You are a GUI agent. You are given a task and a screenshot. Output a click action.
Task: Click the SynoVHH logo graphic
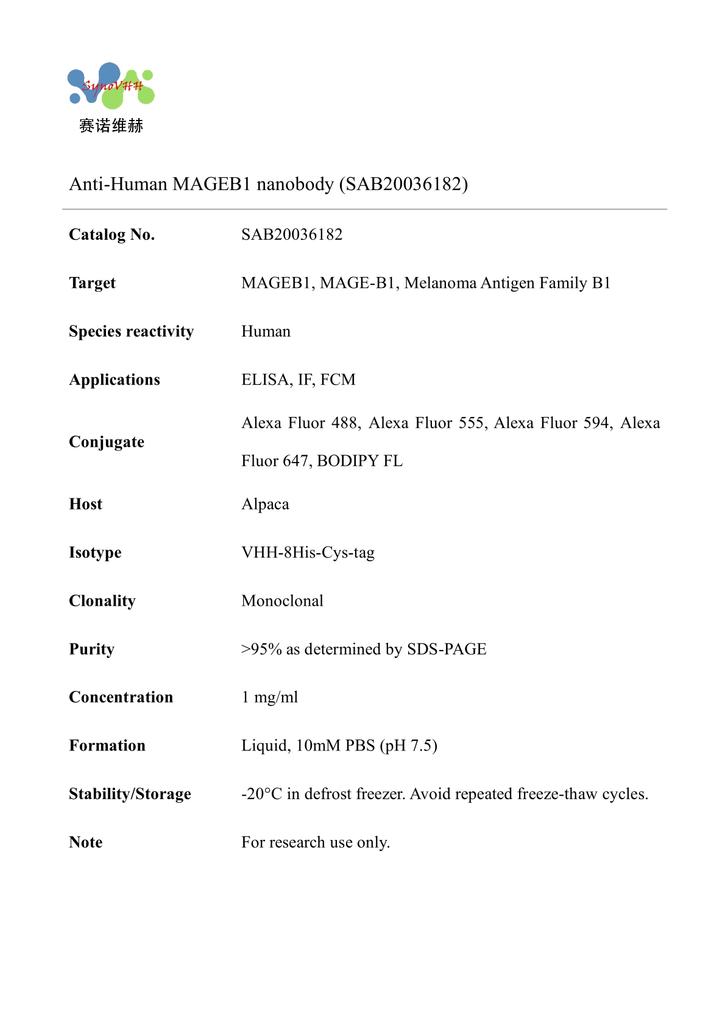tap(111, 86)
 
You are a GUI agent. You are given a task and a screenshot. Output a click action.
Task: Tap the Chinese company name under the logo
tap(111, 126)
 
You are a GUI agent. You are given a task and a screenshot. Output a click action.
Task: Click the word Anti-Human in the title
tap(118, 184)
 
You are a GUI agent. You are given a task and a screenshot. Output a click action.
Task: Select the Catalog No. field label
tap(112, 235)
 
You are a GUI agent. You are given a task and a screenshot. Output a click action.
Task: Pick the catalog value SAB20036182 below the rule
tap(292, 235)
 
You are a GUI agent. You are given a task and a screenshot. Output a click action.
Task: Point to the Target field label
tap(92, 283)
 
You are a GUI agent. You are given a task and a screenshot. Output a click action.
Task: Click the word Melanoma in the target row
tap(440, 283)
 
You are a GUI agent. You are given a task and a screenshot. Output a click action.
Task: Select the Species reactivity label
tap(131, 332)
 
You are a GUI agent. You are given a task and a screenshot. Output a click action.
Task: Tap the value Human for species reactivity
tap(266, 332)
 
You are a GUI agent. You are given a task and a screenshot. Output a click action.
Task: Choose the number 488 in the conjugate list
tap(345, 423)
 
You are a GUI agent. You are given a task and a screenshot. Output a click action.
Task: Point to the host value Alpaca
tap(265, 505)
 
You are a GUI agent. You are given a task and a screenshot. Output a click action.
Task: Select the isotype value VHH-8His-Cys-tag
tap(308, 553)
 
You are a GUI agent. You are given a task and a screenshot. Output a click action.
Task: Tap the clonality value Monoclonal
tap(282, 601)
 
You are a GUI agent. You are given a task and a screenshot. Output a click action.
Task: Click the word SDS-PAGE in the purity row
tap(447, 649)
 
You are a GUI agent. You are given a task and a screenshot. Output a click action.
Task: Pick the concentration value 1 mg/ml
tap(270, 698)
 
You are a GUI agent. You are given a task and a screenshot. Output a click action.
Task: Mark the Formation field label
tap(107, 746)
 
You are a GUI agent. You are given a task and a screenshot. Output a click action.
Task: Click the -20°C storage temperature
tap(261, 794)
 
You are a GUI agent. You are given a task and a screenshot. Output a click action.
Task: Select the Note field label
tap(86, 842)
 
